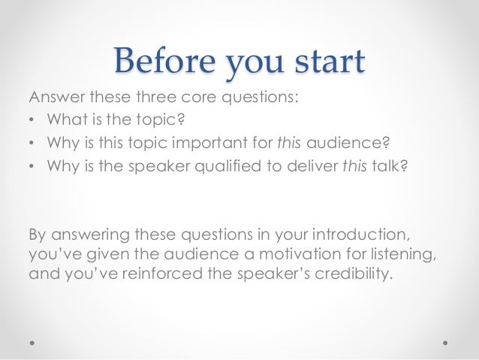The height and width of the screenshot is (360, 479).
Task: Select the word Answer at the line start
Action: pyautogui.click(x=53, y=96)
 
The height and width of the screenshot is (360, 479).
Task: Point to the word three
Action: pyautogui.click(x=158, y=96)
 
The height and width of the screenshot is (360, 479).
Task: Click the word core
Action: pyautogui.click(x=200, y=96)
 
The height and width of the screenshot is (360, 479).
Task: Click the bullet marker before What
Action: pyautogui.click(x=32, y=119)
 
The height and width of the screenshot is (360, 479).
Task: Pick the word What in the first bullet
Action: pyautogui.click(x=64, y=119)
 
